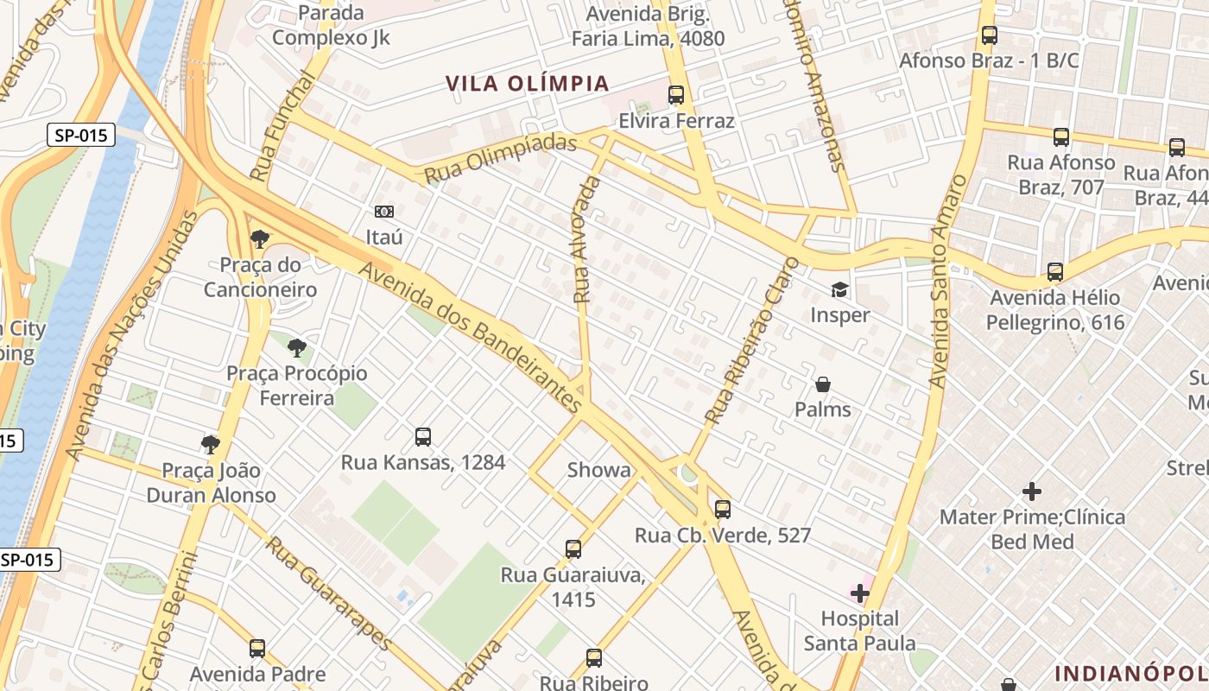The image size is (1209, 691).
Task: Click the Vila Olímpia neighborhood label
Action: [528, 84]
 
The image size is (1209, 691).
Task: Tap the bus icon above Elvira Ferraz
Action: [676, 95]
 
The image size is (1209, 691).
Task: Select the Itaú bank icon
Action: [384, 212]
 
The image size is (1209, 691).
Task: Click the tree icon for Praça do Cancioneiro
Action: [259, 239]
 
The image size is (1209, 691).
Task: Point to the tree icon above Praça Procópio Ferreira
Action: [297, 348]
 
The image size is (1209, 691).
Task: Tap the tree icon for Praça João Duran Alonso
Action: [210, 445]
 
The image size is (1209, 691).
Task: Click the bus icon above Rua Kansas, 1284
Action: [422, 437]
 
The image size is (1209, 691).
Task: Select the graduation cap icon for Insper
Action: [839, 290]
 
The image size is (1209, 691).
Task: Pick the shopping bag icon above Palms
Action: [823, 384]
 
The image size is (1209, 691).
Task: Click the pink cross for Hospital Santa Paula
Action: [860, 593]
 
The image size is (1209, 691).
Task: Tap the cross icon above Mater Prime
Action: [1032, 491]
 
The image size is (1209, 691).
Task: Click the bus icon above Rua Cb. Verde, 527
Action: [723, 510]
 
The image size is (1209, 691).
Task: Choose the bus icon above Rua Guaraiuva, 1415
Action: [573, 549]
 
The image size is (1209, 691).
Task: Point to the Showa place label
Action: [598, 470]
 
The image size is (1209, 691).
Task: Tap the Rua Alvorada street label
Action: [586, 239]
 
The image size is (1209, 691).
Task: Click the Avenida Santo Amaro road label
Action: [948, 282]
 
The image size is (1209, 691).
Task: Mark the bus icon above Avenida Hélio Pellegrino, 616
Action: [1054, 272]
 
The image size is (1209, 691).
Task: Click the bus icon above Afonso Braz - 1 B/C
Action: [990, 36]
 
